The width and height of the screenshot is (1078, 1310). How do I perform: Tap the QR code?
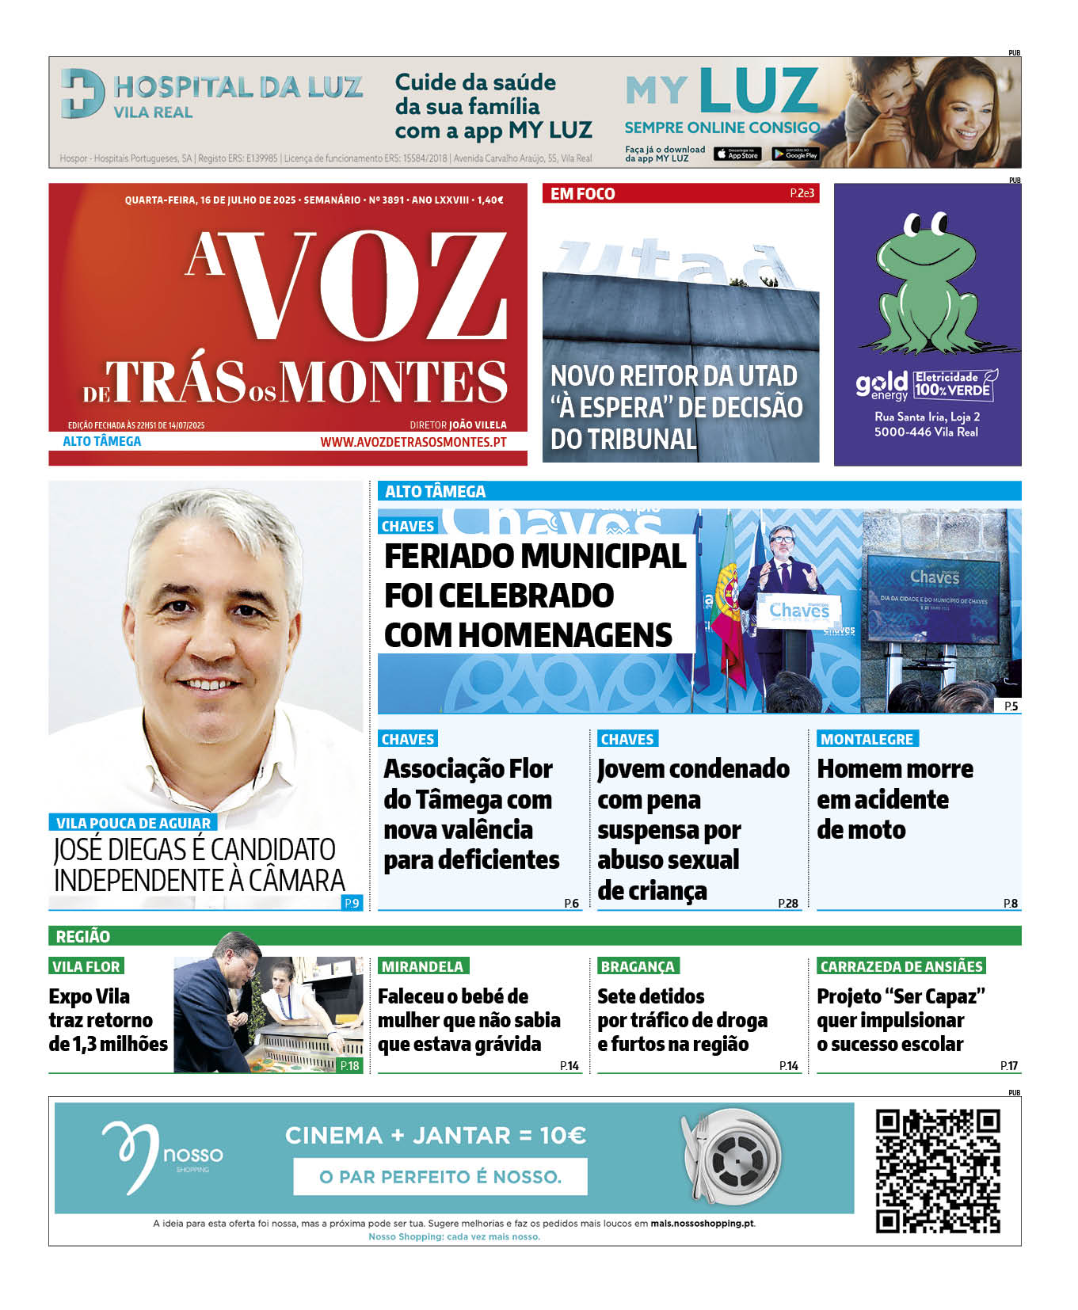point(938,1171)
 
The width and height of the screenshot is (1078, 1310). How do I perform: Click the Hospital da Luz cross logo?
point(82,93)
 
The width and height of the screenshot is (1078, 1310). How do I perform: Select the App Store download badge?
point(737,154)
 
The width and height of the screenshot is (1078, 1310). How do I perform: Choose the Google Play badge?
point(795,154)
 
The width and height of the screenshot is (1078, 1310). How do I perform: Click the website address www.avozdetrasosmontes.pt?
point(413,442)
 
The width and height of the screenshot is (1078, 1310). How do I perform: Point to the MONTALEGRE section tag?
point(867,739)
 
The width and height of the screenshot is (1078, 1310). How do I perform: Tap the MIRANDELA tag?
point(422,966)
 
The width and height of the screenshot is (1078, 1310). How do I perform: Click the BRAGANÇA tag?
point(638,966)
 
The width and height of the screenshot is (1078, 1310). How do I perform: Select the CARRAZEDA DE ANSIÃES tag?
point(901,966)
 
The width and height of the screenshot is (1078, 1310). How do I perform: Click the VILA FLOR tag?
point(86,966)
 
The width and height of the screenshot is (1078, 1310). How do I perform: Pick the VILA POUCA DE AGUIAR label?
point(133,823)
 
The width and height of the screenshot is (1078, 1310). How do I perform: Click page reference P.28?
point(787,903)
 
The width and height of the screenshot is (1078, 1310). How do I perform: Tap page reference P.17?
point(1008,1066)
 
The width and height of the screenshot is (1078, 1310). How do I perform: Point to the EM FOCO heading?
point(582,194)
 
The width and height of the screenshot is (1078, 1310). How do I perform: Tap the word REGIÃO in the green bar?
point(82,936)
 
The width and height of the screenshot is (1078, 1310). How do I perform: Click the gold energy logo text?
point(881,386)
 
